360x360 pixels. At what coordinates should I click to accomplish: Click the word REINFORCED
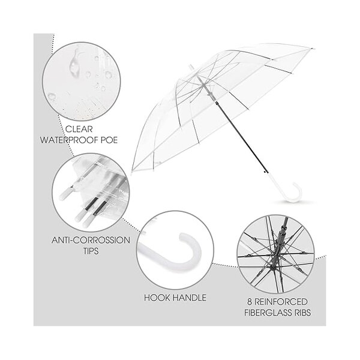(x=284, y=301)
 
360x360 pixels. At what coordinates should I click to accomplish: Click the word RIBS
(x=307, y=312)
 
